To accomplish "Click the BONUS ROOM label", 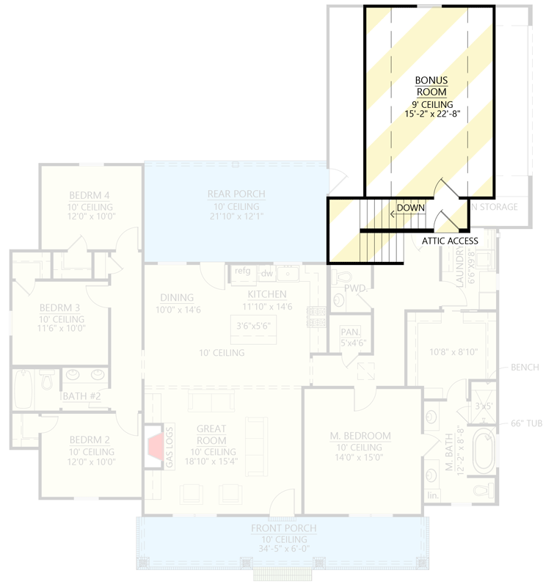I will click(431, 86).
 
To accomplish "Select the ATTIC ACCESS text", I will click(450, 241).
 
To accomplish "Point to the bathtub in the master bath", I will click(484, 451).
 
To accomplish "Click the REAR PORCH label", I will click(236, 194).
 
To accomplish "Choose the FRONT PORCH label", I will click(283, 528).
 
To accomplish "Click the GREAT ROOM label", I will click(211, 434).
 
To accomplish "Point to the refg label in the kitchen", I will click(242, 271).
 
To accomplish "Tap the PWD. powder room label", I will click(355, 288).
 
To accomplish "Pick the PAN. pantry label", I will click(349, 332).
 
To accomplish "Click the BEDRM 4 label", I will click(90, 195).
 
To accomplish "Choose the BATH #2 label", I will click(77, 396).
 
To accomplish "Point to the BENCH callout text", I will click(525, 367).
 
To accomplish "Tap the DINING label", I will click(177, 298).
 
